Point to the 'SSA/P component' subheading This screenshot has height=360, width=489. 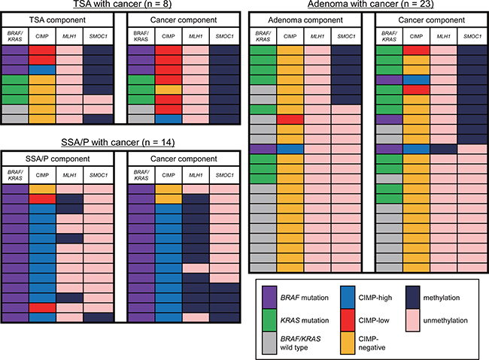click(x=58, y=158)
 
